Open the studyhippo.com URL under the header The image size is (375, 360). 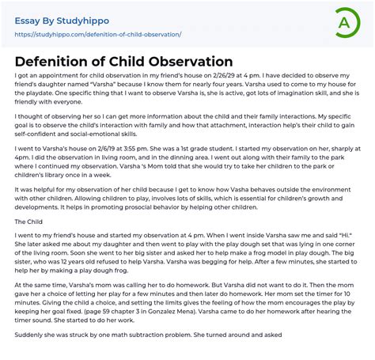[x=98, y=35]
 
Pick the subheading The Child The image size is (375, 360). [x=28, y=222]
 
